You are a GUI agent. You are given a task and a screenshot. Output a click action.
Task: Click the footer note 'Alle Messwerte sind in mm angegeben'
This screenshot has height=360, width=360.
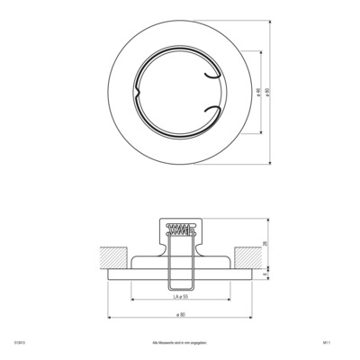180,342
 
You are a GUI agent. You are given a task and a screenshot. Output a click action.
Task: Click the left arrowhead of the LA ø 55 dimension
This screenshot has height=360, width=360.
133,300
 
